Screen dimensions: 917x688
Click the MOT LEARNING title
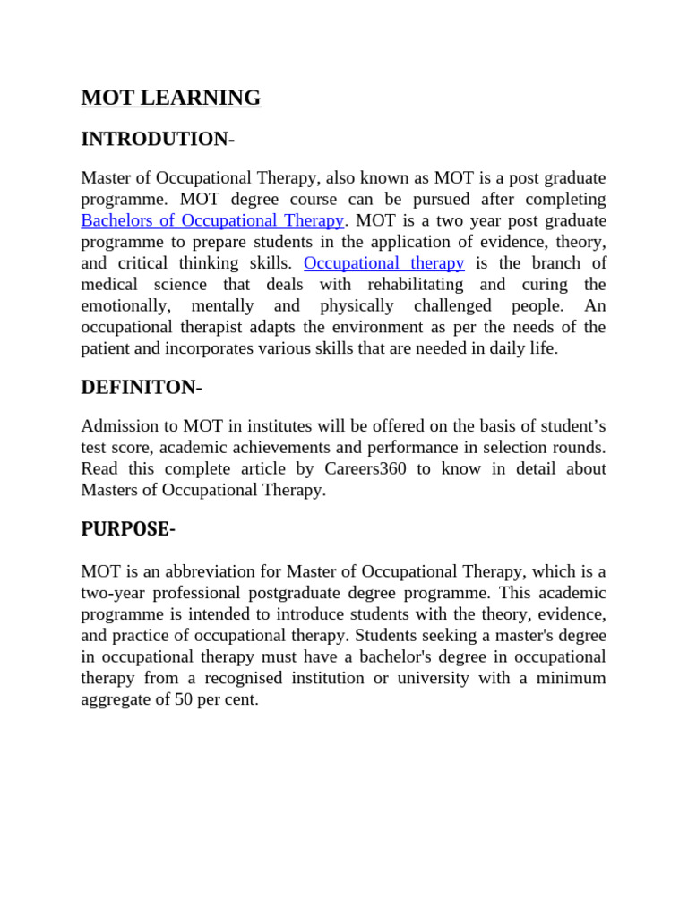point(171,98)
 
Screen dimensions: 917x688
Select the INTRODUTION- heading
point(158,139)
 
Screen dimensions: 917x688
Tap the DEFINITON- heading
point(142,388)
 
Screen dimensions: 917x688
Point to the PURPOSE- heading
point(128,529)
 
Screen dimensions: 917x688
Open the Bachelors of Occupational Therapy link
point(212,220)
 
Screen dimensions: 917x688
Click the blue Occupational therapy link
point(384,263)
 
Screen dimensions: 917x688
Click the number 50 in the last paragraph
point(185,700)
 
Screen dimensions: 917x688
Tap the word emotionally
point(126,306)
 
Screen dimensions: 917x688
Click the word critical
point(144,263)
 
